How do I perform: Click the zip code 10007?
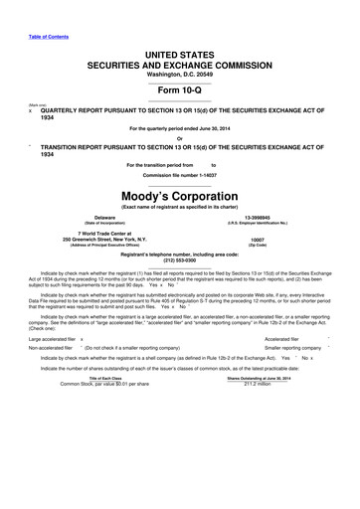pos(258,240)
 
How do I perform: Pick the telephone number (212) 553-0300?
pos(179,260)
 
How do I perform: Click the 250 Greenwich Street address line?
pos(104,240)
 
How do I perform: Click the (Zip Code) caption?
pos(258,246)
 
